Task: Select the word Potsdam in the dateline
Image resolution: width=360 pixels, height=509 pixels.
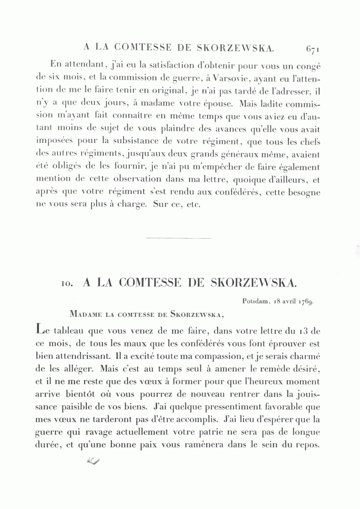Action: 254,301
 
